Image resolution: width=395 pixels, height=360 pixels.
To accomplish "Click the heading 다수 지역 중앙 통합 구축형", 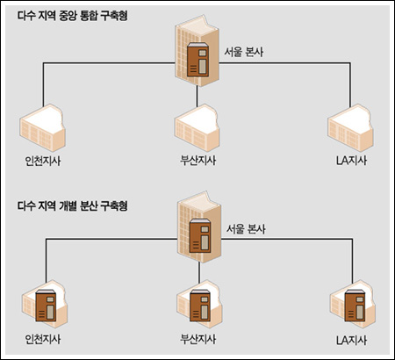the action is click(x=73, y=16).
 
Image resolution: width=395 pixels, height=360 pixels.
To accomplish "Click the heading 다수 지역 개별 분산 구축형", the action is click(x=73, y=205).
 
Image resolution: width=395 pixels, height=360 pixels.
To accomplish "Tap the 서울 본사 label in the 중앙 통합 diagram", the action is click(x=244, y=52).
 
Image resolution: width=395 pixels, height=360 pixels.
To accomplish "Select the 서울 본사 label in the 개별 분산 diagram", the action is click(x=246, y=229).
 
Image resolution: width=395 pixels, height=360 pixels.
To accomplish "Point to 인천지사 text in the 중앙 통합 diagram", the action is click(x=43, y=161).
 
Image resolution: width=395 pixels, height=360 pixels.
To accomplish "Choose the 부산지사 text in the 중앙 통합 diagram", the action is click(x=198, y=161).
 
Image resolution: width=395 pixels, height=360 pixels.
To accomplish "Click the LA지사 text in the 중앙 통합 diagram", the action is click(x=351, y=161).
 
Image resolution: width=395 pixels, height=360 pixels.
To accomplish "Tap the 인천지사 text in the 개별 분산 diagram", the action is click(x=43, y=339).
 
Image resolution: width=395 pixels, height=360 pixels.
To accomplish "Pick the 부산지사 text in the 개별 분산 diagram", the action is click(x=198, y=339).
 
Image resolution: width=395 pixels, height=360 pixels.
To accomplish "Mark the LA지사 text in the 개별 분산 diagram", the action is click(x=351, y=340).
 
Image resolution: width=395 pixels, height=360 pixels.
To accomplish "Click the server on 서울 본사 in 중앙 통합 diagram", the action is click(x=197, y=60).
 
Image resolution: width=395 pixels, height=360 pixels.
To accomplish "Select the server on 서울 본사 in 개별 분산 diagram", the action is click(x=200, y=235).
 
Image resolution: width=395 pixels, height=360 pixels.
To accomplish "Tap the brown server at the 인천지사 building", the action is click(x=46, y=306).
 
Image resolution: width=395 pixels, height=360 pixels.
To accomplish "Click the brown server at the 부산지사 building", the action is click(x=200, y=306).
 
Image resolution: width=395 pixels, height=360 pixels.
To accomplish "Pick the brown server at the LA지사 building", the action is click(x=355, y=306).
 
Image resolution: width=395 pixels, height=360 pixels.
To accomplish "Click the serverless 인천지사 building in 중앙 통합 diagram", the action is click(x=43, y=128).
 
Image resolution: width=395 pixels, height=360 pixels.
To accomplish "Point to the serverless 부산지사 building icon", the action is click(x=197, y=128).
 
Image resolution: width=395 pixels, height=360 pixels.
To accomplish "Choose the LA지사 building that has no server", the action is click(x=351, y=128).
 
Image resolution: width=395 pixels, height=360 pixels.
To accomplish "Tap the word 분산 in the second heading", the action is click(x=89, y=205).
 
